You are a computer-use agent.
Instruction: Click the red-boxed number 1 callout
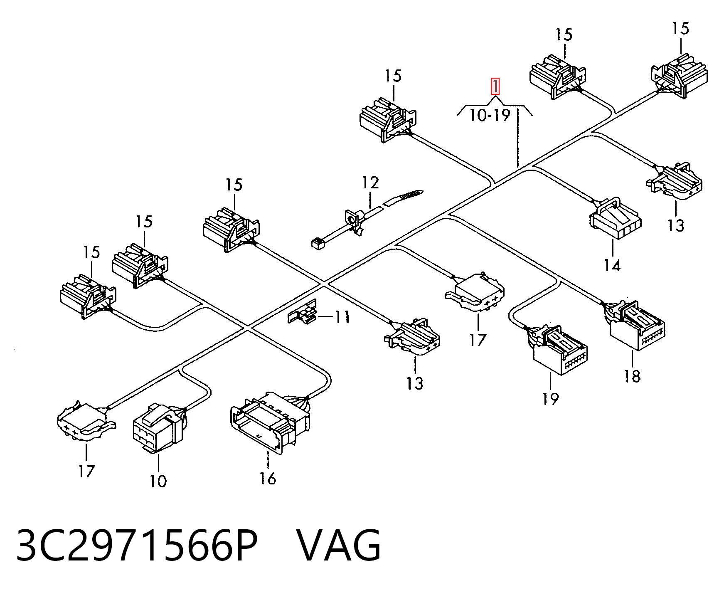pos(495,87)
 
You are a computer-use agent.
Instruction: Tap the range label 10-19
pos(490,115)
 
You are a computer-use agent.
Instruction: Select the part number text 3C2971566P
pos(137,545)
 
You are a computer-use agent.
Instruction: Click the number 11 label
pos(342,317)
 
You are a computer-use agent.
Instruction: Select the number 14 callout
pos(612,265)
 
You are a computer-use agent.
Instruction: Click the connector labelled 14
pos(615,218)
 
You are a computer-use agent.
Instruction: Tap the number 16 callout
pos(268,478)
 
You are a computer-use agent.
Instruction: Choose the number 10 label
pos(158,481)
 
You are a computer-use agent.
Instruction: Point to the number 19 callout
pos(550,399)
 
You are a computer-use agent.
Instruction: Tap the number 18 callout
pos(632,376)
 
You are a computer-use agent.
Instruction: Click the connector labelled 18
pos(634,326)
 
